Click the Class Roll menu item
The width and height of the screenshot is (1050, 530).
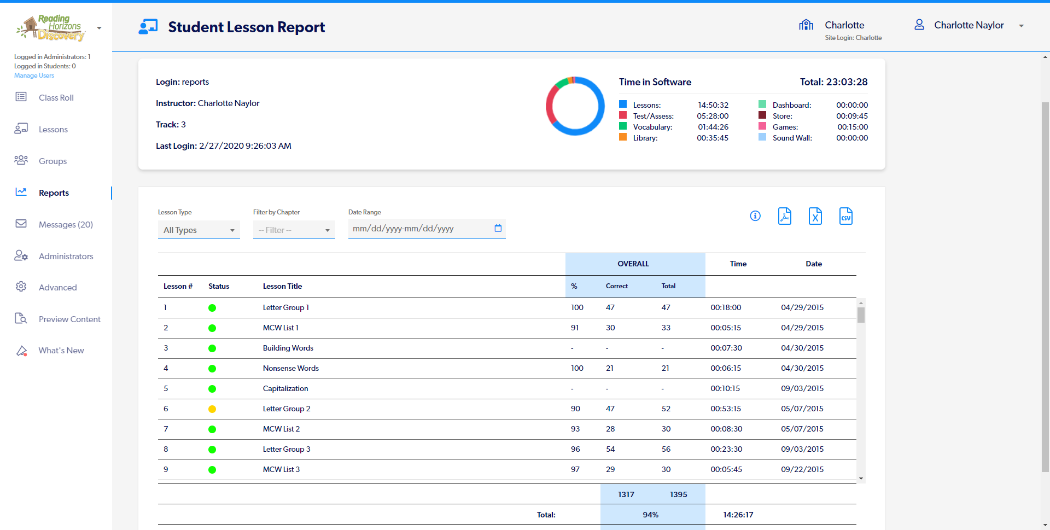coord(56,98)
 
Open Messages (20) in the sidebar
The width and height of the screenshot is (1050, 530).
coord(66,225)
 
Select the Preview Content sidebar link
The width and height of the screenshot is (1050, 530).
coord(69,319)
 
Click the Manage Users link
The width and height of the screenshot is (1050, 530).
coord(34,75)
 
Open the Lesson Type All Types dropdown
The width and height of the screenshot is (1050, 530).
coord(199,230)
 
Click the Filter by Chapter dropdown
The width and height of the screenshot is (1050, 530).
coord(294,230)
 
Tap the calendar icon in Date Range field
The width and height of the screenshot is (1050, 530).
coord(498,228)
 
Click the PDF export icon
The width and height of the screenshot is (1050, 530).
coord(785,216)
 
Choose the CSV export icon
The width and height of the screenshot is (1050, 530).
coord(845,216)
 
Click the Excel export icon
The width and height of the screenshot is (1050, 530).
coord(815,216)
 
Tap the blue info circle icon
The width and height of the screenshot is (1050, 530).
coord(755,216)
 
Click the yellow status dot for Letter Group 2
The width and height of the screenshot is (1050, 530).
coord(212,409)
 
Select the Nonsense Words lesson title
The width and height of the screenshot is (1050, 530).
coord(290,369)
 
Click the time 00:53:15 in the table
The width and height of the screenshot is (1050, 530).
coord(726,409)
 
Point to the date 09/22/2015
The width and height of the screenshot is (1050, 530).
coord(802,470)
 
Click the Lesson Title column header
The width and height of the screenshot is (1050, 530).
coord(282,287)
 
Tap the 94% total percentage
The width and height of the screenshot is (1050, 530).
coord(650,515)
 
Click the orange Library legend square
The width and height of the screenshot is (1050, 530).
coord(623,137)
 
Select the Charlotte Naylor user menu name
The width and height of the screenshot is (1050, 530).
coord(969,26)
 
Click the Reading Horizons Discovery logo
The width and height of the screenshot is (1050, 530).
coord(52,28)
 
